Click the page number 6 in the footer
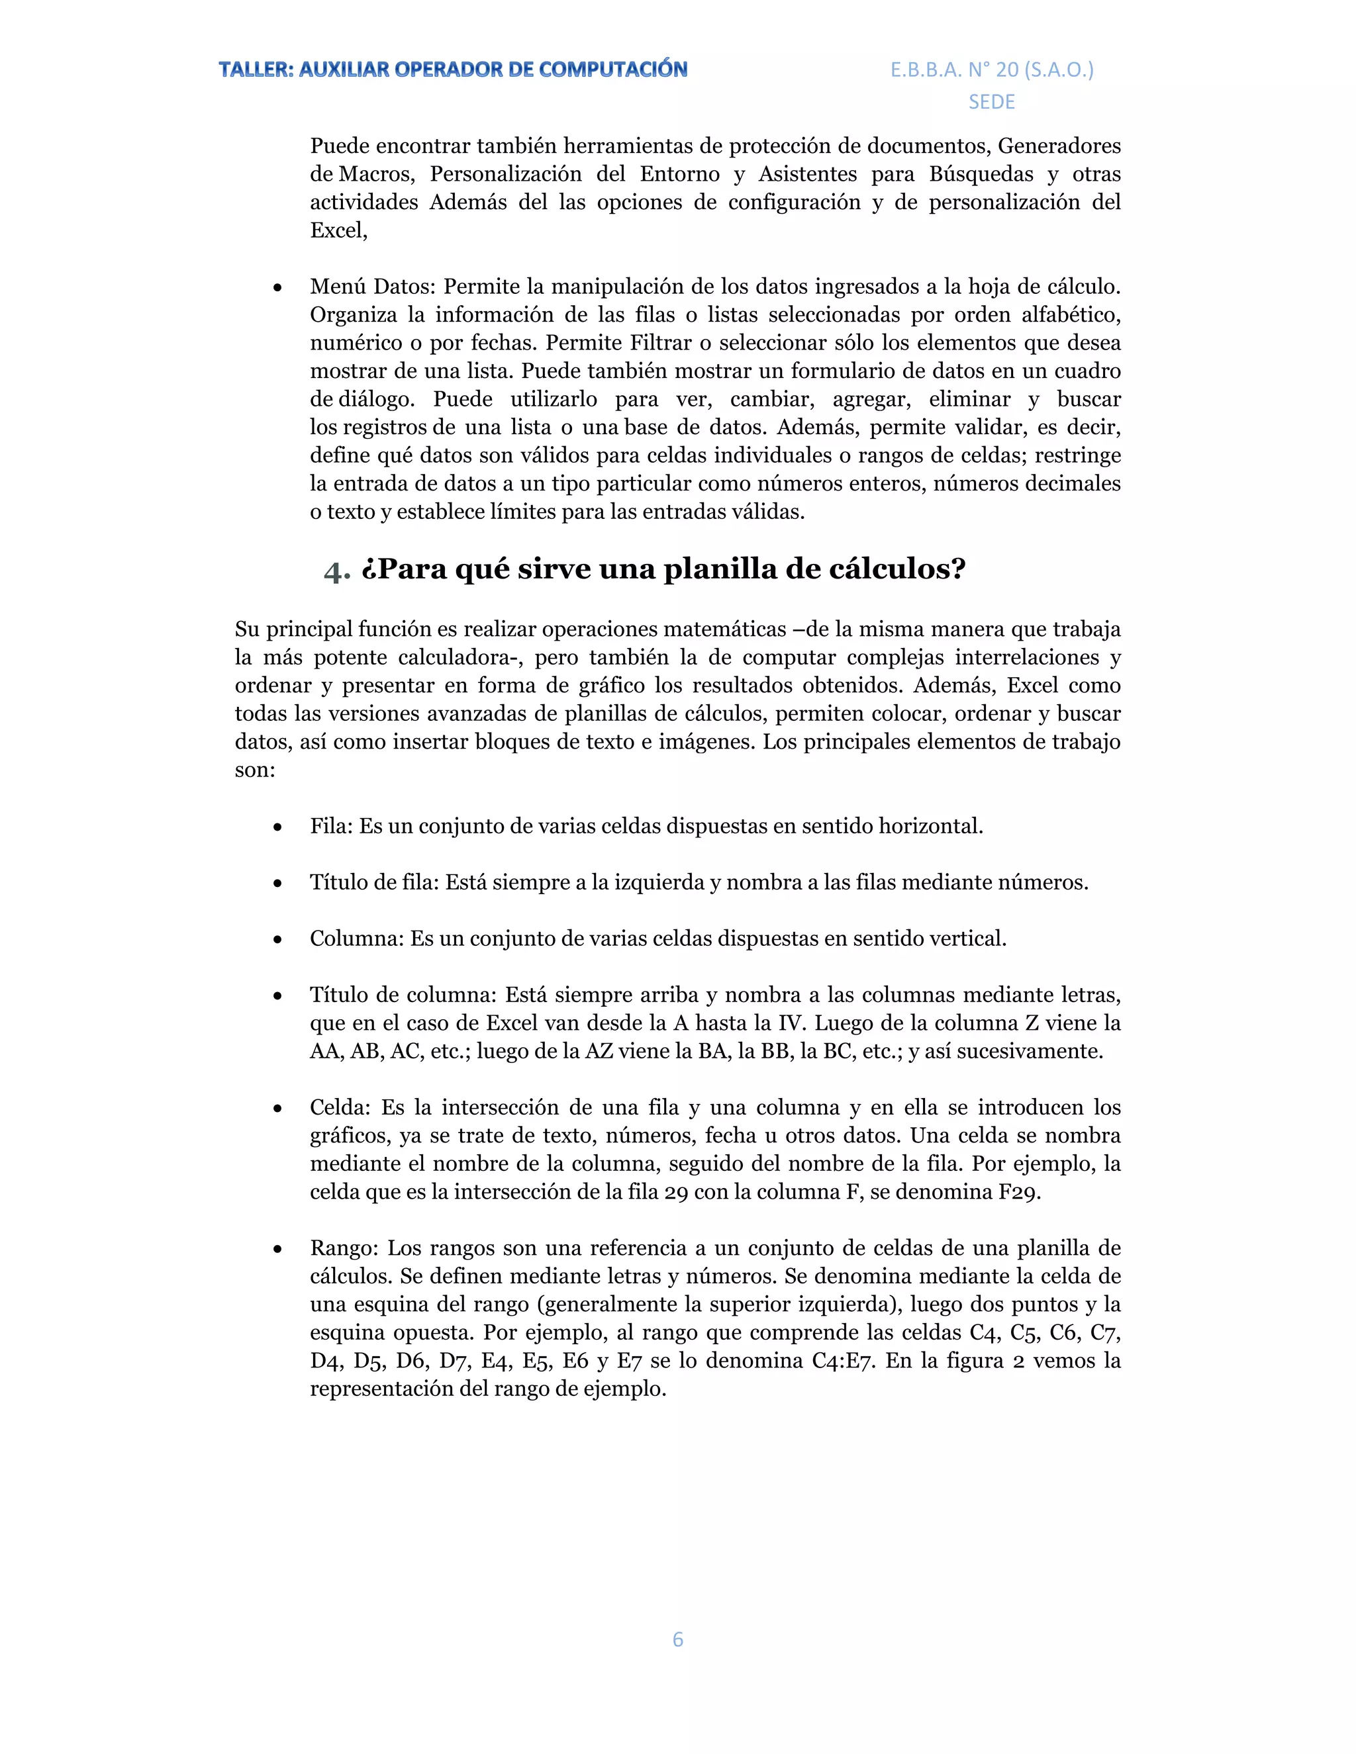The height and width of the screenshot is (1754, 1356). coord(677,1639)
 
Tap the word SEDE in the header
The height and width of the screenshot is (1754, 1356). coord(991,102)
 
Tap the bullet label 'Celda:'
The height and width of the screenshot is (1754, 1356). coord(340,1107)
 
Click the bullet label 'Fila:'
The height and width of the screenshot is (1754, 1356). coord(331,827)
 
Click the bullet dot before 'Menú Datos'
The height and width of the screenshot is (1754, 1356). coord(277,287)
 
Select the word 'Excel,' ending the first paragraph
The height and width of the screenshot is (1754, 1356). coord(338,230)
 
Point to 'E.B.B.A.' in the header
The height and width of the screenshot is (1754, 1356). coord(926,70)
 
